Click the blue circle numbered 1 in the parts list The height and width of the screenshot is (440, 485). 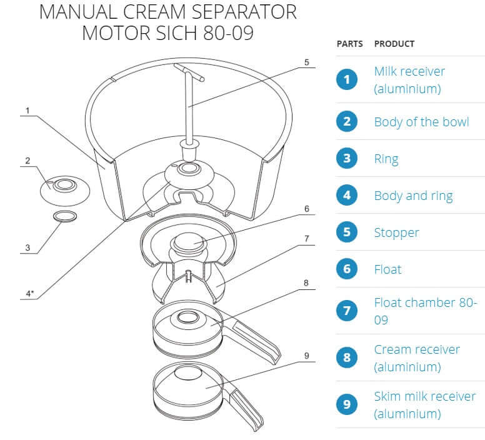347,79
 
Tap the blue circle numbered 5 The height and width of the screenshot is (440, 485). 347,232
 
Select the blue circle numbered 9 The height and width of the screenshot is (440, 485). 347,404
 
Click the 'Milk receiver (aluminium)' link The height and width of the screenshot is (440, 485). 409,79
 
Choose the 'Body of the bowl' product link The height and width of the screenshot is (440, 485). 421,121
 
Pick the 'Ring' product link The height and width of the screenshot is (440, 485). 386,159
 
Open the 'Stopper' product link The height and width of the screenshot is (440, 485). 396,232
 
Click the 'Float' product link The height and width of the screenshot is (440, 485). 387,269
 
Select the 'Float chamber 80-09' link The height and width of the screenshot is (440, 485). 425,310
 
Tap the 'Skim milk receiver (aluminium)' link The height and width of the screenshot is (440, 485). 424,404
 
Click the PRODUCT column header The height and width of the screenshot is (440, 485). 394,44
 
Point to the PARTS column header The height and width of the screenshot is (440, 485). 349,44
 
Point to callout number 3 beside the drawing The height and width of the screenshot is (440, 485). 27,248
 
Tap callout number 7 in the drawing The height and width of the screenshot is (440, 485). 306,239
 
